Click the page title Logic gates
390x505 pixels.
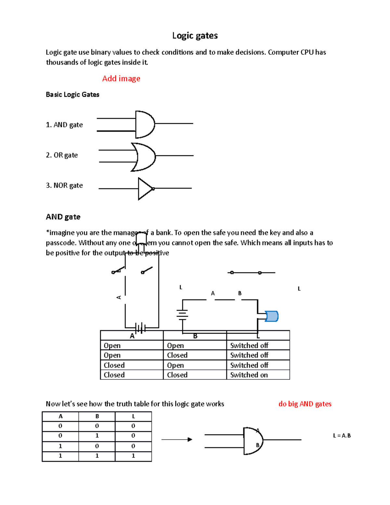pos(195,35)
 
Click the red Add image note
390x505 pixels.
pos(121,78)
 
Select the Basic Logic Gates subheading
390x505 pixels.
pos(72,95)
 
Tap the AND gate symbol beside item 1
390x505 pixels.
pos(145,125)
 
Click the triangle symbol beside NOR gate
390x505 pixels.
pos(145,189)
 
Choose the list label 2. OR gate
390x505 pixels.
pos(62,155)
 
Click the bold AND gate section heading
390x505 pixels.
pos(63,217)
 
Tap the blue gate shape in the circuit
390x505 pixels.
pos(271,316)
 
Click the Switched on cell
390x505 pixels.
pos(249,375)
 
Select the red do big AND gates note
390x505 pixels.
pos(305,404)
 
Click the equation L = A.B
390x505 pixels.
pos(342,436)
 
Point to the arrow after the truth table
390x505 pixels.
pos(177,440)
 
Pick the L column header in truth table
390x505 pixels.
pos(133,417)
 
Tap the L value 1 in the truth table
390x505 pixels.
pos(133,456)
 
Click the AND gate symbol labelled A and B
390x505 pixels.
pos(253,441)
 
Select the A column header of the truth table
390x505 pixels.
pos(60,417)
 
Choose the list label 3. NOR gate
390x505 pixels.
pos(64,185)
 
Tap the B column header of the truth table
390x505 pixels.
pos(97,417)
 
